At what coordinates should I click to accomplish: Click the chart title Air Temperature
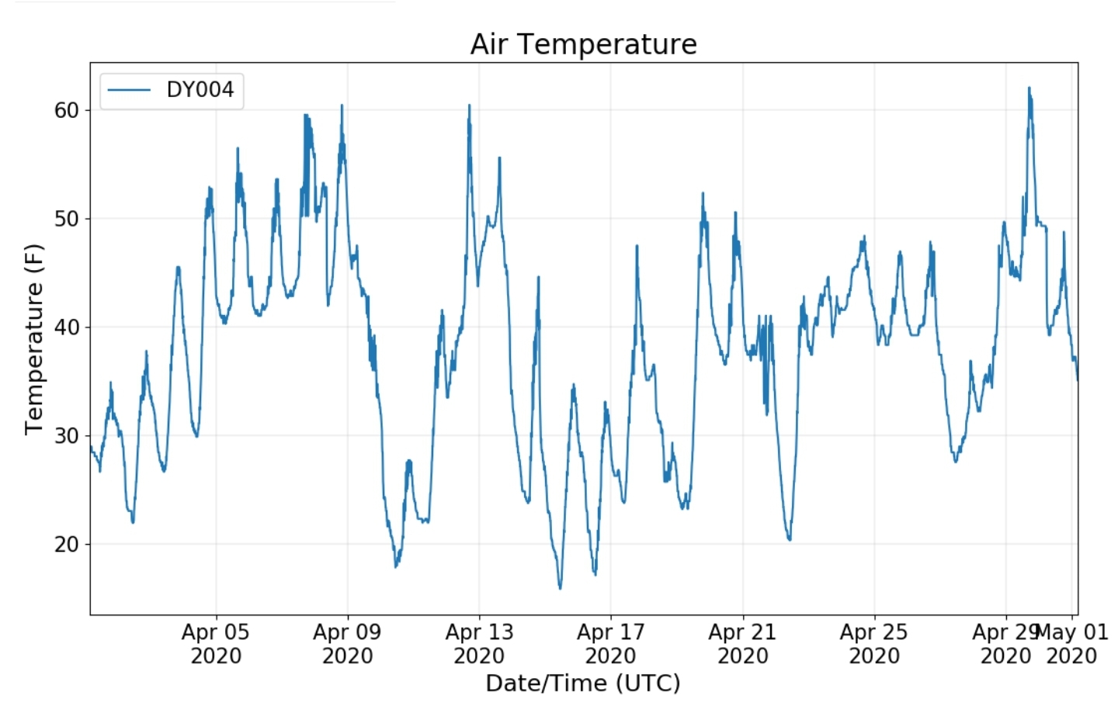[x=583, y=44]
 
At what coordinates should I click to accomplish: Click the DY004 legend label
[x=200, y=90]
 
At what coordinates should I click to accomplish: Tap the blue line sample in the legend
[x=128, y=90]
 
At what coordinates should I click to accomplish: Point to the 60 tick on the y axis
[x=66, y=110]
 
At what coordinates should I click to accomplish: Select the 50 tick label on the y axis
[x=66, y=219]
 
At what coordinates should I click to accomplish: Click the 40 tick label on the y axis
[x=66, y=327]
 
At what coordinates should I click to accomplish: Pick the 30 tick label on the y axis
[x=66, y=436]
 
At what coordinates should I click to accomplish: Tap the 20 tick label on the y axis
[x=66, y=545]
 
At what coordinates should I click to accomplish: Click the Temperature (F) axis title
[x=33, y=339]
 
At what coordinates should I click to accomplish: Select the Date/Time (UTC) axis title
[x=583, y=684]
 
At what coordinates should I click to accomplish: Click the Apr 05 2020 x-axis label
[x=216, y=644]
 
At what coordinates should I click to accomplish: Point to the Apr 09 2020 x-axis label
[x=347, y=644]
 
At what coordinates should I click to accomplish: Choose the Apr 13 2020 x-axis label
[x=479, y=644]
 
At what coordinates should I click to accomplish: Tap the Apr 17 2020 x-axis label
[x=611, y=644]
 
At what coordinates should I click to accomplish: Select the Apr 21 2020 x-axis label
[x=742, y=644]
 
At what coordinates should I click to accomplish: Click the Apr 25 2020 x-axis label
[x=874, y=644]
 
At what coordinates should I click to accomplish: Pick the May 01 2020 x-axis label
[x=1072, y=644]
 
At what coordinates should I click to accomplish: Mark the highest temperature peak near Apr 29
[x=1029, y=88]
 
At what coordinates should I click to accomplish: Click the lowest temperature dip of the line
[x=560, y=587]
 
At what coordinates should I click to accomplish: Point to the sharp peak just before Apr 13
[x=469, y=106]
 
